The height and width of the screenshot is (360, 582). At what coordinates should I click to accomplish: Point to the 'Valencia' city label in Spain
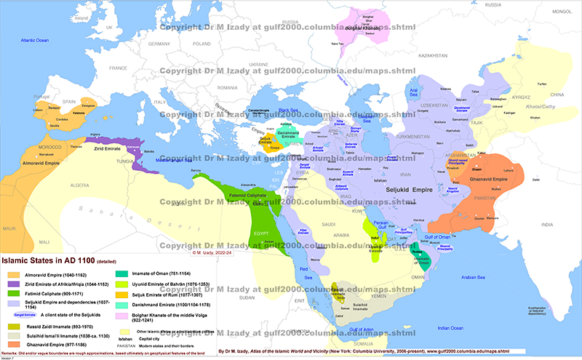[63, 113]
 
